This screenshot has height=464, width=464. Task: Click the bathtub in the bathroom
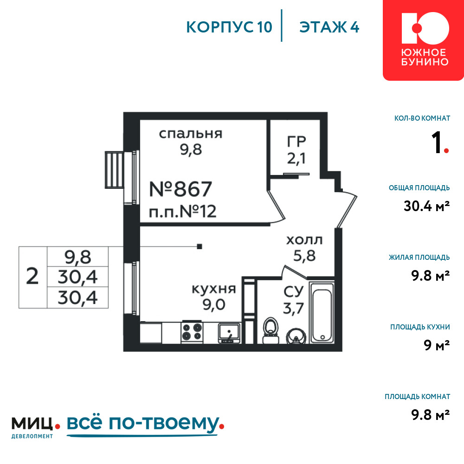tap(322, 312)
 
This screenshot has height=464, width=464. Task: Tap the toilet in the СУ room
tap(271, 330)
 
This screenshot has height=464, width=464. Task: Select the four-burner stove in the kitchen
tap(192, 332)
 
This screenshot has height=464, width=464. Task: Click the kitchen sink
tap(229, 333)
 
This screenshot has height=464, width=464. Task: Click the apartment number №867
tap(180, 189)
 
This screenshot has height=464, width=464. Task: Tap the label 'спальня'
tap(191, 134)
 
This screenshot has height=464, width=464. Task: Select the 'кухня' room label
tap(213, 289)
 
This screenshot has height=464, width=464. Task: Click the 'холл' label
tap(304, 240)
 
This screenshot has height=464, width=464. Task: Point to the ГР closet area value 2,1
tap(296, 159)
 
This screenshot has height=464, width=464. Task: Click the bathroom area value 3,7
tap(293, 309)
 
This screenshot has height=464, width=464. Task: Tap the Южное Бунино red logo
tap(424, 40)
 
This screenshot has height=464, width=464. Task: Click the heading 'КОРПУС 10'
tap(229, 27)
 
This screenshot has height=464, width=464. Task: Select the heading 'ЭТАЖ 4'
tap(329, 27)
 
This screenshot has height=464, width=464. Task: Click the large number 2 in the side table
tap(32, 277)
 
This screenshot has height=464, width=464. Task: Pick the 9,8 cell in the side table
tap(78, 257)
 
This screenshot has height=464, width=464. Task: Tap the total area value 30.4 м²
tap(426, 206)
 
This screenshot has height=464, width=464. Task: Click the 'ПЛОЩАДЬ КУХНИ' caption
tap(420, 327)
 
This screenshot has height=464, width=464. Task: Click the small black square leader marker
tap(200, 246)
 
